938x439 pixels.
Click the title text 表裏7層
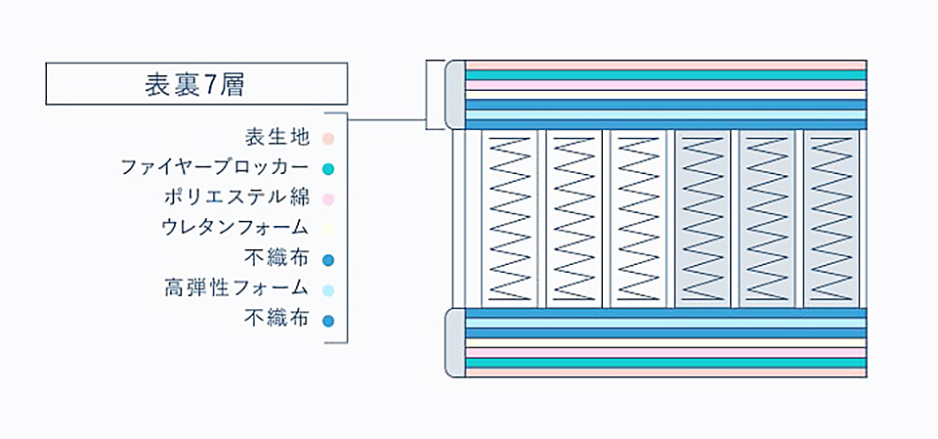[194, 86]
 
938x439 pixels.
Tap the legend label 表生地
[277, 138]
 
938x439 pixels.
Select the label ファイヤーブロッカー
[215, 168]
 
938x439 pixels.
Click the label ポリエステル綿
[236, 198]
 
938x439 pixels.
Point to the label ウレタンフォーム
[235, 228]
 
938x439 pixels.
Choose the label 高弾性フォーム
[236, 288]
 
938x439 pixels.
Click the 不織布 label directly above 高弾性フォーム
[277, 259]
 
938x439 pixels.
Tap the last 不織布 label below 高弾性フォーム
[277, 319]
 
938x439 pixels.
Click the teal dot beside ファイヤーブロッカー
[328, 169]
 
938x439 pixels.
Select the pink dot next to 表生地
[328, 139]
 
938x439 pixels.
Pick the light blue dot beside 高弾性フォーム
[328, 290]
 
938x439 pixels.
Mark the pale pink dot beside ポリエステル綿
[328, 199]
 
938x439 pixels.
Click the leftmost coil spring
[510, 219]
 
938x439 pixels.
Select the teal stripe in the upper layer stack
[665, 75]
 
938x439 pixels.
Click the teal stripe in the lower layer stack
[665, 363]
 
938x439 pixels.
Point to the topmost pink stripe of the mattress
[665, 66]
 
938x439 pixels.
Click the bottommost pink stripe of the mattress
[665, 373]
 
